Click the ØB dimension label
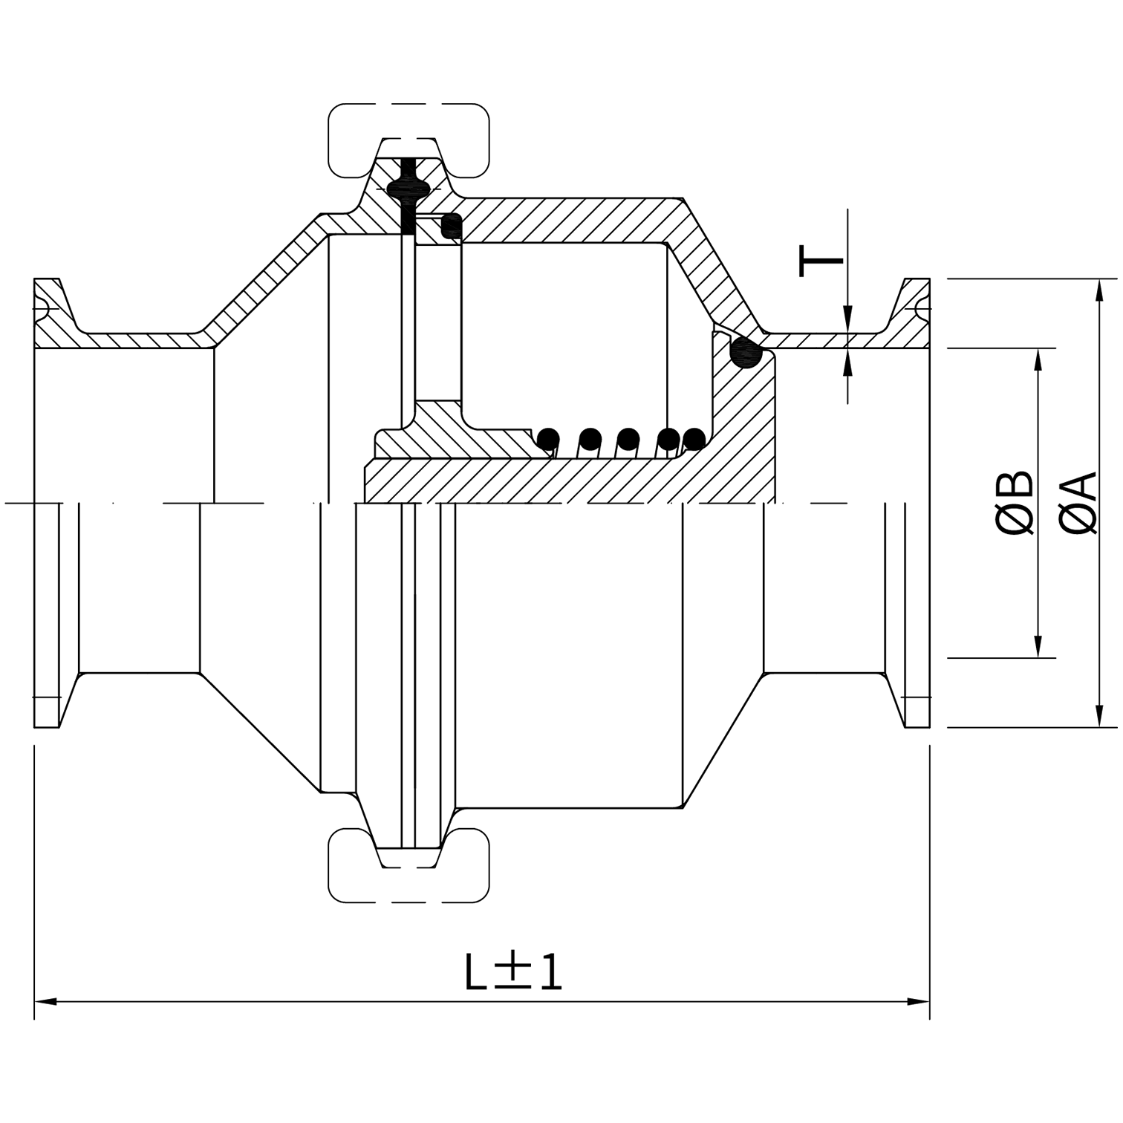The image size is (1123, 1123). [1015, 502]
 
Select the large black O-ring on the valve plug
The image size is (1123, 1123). [746, 352]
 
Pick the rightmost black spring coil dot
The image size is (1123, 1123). [693, 439]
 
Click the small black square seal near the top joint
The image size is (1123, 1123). [451, 226]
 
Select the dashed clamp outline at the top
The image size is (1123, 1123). [408, 141]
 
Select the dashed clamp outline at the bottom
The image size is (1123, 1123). [408, 865]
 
